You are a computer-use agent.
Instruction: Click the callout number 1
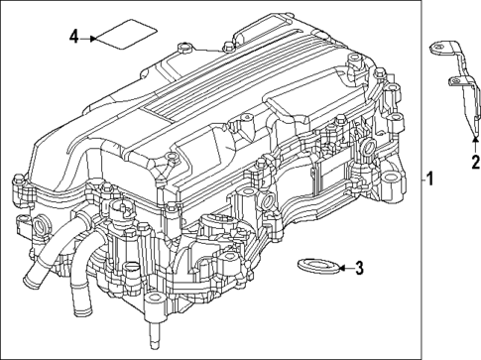[430, 179]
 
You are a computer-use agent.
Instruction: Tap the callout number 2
[475, 161]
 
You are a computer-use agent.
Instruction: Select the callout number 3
[359, 267]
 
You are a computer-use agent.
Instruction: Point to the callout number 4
[73, 38]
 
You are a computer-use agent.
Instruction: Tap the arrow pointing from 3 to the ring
[340, 267]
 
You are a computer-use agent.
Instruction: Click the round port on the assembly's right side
[369, 149]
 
